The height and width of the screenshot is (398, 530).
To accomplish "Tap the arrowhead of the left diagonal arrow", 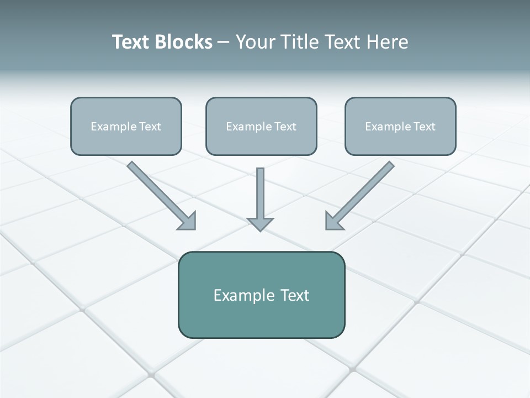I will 188,222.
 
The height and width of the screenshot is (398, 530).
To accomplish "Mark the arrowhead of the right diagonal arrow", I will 333,221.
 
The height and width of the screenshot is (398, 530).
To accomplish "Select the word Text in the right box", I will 425,127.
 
